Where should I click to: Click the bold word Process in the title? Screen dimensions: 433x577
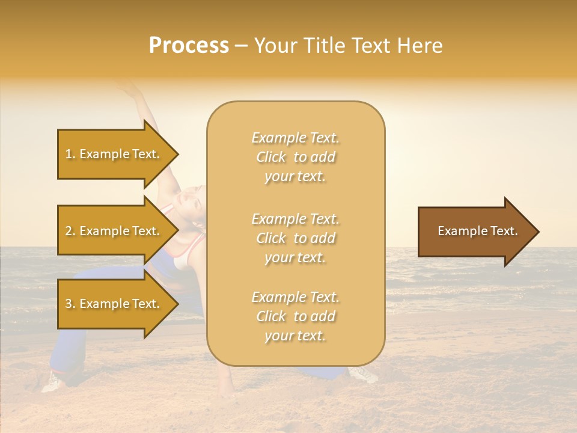pos(189,46)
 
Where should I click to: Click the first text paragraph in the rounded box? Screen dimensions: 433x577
pos(295,157)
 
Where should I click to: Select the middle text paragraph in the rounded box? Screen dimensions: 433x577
pos(295,238)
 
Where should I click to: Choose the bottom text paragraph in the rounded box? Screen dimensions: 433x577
pos(295,316)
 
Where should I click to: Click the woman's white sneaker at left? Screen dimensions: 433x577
pos(53,380)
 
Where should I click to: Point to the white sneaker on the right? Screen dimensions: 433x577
pos(364,374)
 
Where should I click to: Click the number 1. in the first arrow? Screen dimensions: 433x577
pos(70,155)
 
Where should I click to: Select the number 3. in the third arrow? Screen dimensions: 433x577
pos(70,304)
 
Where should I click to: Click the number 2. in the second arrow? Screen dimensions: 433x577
pos(70,232)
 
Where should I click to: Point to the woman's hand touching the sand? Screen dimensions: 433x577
pos(226,390)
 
